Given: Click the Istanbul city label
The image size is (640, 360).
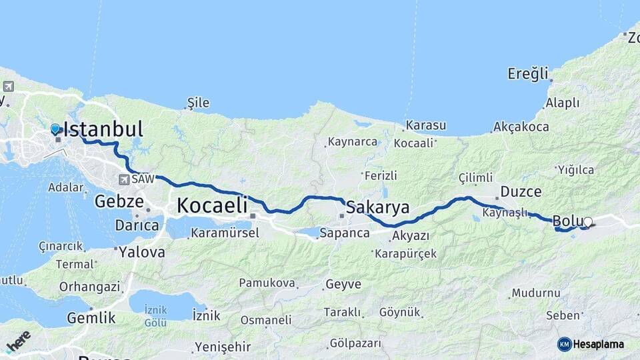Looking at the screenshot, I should coord(103,129).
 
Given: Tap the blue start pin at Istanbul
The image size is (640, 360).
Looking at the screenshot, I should coord(55,128).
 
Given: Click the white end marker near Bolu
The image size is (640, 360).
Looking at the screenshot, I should coord(587,221).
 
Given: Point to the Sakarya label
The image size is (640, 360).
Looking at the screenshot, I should coord(378,207).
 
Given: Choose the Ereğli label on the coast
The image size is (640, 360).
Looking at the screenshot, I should coord(528,73).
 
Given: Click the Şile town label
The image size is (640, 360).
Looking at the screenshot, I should coord(198,103).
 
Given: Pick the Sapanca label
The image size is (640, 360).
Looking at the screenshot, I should coord(344,233).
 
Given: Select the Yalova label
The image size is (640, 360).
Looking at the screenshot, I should coord(142,252).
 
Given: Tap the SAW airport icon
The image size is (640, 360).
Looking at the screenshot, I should coord(124,179).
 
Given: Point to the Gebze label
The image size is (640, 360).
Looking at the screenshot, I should coord(119,201).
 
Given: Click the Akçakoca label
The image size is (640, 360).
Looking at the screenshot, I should coord(521,127).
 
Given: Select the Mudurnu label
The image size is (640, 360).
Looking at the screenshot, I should coord(536,293).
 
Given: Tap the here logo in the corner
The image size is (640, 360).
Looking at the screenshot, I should coord(18,341).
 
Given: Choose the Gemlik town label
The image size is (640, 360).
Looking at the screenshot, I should coord(91,318).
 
